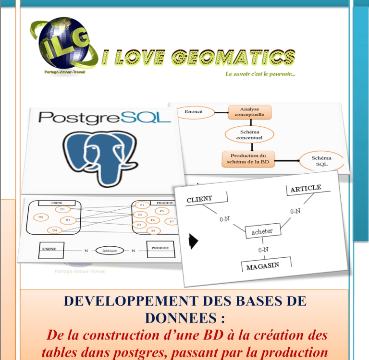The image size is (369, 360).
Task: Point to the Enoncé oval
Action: [x=194, y=112]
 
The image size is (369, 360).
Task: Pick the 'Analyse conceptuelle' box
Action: [x=249, y=112]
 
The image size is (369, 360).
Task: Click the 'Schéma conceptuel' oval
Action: [x=249, y=134]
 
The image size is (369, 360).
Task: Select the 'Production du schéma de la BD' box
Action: [x=248, y=159]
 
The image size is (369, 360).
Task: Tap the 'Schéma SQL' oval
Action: [x=321, y=161]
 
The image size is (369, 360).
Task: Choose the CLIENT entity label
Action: [x=199, y=199]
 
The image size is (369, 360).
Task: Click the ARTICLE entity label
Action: [x=306, y=189]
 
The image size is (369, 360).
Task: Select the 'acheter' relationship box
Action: [x=262, y=231]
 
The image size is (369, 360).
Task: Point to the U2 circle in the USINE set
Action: [x=41, y=217]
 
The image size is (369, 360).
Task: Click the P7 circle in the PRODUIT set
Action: [x=171, y=221]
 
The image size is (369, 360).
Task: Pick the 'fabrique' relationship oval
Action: [x=109, y=250]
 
